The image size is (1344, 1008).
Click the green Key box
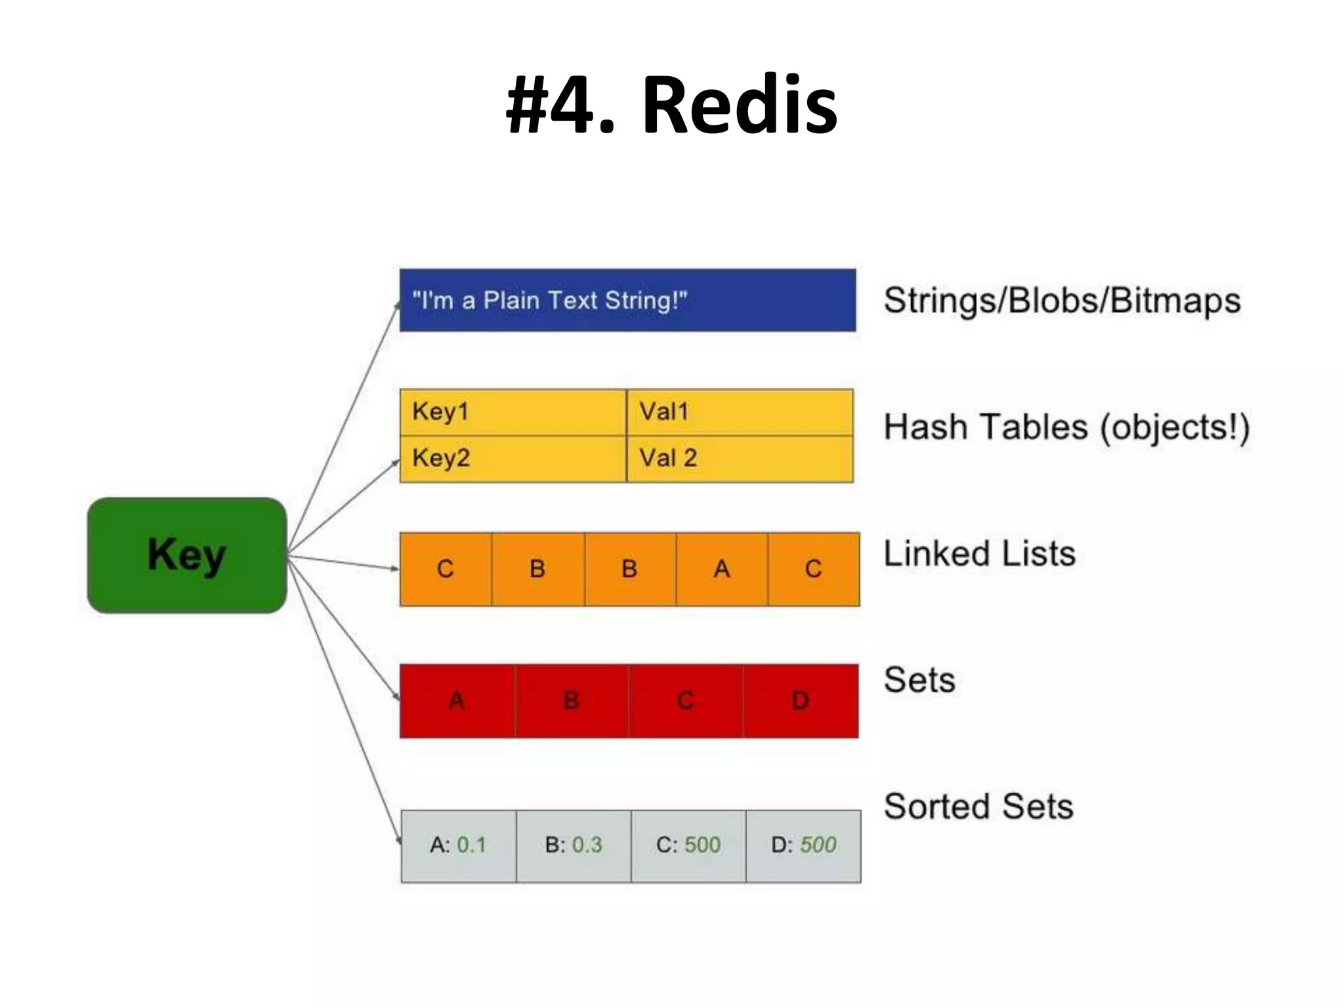coord(187,555)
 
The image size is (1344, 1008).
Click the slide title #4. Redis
coord(671,105)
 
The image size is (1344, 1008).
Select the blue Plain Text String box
coord(627,301)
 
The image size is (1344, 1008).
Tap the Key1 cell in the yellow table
coord(513,412)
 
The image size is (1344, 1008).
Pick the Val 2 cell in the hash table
coord(740,458)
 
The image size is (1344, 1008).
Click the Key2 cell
coord(513,458)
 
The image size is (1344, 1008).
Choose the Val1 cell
coord(740,412)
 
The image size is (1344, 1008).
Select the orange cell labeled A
coord(721,569)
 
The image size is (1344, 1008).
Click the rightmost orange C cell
coord(813,569)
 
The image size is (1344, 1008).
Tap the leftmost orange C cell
coord(446,569)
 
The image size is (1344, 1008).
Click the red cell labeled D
coord(800,701)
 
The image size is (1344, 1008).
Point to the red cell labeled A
coord(457,701)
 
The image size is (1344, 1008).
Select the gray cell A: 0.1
coord(458,845)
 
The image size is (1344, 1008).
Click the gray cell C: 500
coord(688,845)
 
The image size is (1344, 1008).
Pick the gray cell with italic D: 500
coord(803,845)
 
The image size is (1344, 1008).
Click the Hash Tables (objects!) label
coord(1066,427)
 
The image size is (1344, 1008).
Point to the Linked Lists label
coord(979,554)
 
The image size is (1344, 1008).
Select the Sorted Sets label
coord(978,807)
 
